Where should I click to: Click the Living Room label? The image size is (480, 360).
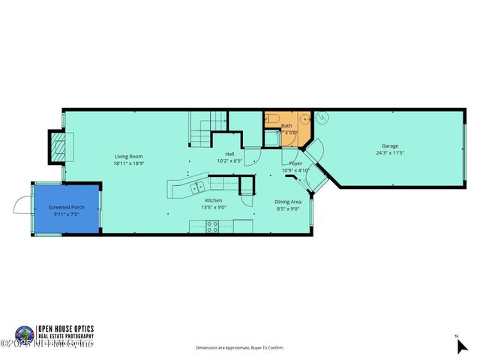tap(128, 156)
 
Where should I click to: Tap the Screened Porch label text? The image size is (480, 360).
tap(66, 207)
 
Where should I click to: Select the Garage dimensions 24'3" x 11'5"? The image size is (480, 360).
tap(390, 153)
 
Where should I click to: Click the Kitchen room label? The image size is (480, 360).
tap(214, 200)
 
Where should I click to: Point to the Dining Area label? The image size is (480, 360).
tap(288, 201)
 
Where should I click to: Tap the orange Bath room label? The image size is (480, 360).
tap(286, 125)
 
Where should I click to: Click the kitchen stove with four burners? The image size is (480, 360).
tap(212, 225)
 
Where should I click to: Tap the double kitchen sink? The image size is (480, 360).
tap(199, 187)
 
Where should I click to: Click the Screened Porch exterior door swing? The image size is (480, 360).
tap(22, 205)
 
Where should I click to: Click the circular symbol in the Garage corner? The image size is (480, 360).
tap(321, 118)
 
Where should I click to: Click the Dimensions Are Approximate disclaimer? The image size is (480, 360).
tap(240, 348)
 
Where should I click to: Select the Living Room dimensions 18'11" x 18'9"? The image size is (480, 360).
tap(128, 163)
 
